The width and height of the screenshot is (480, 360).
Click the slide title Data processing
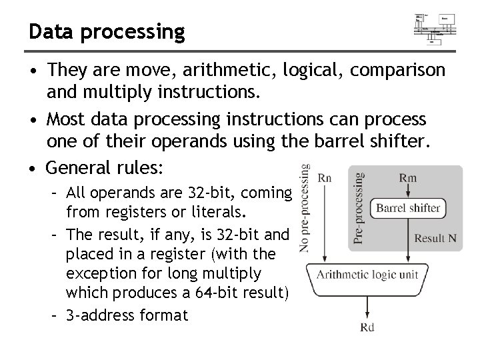click(x=105, y=31)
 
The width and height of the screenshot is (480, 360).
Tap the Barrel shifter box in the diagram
click(x=408, y=208)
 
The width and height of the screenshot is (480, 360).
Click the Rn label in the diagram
click(x=325, y=178)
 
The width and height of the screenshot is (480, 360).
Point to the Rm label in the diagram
click(x=408, y=178)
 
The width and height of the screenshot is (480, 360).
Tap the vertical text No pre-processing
click(x=305, y=208)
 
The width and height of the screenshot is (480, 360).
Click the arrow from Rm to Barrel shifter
click(x=408, y=191)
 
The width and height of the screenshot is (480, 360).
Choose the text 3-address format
click(x=128, y=315)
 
